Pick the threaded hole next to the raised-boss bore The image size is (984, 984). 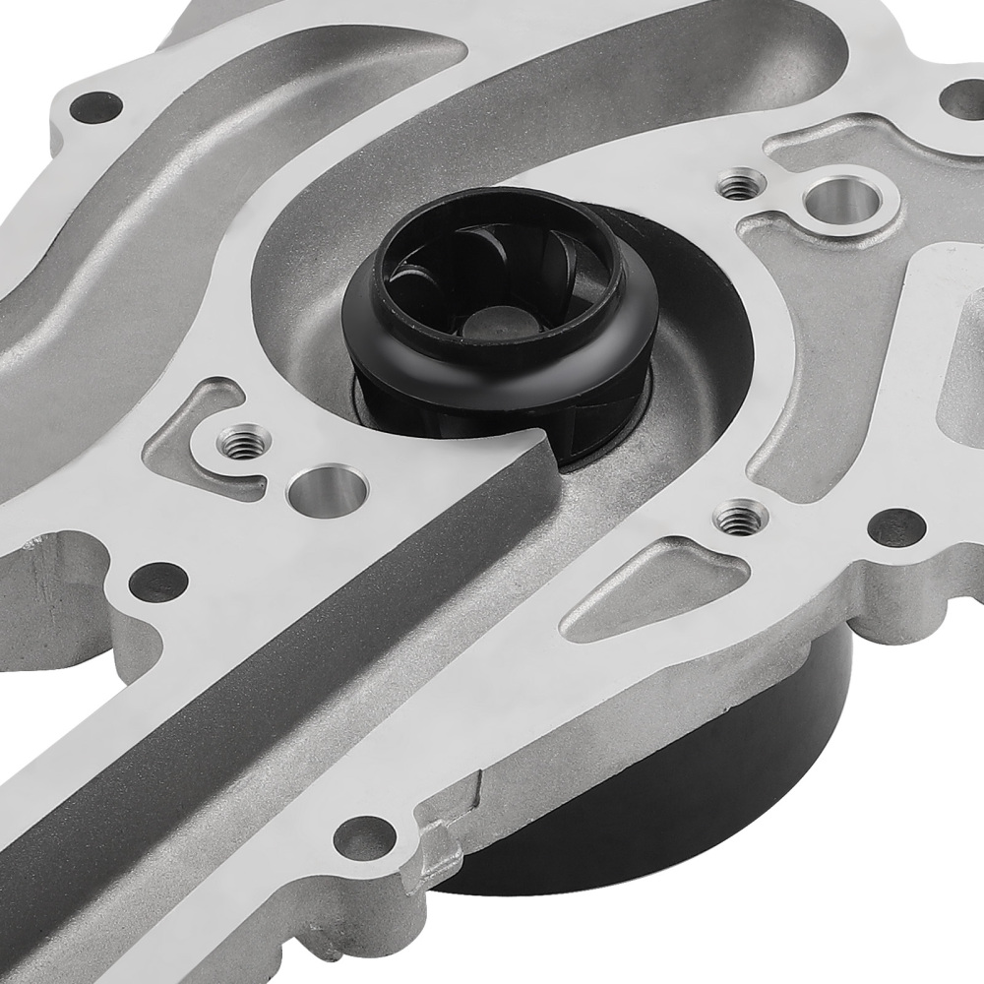pos(740,183)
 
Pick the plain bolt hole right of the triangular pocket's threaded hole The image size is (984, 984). pos(897,526)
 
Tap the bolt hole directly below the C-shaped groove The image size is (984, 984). pos(157,581)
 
